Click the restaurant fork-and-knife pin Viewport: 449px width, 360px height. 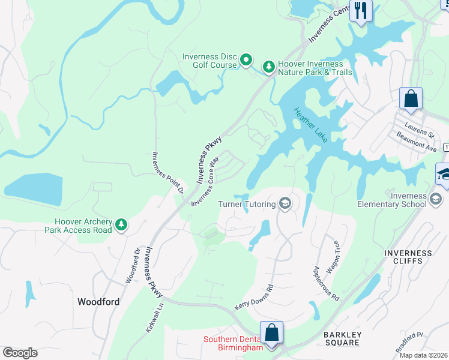coord(361,11)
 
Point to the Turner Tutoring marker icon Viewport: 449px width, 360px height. coord(285,204)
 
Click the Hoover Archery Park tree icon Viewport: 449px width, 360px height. coord(122,224)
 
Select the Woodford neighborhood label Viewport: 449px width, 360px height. coord(98,302)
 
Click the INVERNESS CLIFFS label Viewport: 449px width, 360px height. coord(408,257)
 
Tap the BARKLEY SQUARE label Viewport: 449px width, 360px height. coord(341,338)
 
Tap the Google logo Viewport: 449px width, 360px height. coord(20,352)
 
